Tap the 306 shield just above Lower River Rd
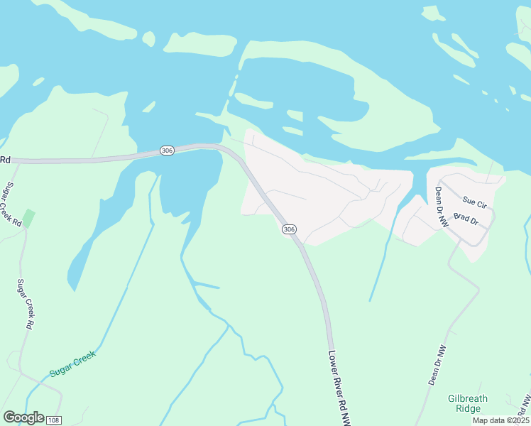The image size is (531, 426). click(288, 229)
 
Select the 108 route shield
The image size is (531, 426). click(53, 420)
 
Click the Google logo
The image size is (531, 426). click(23, 417)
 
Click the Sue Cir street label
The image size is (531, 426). click(473, 204)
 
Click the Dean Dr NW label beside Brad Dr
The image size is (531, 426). click(442, 207)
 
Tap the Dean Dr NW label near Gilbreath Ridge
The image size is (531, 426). click(437, 365)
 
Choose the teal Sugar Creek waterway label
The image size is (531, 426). click(72, 363)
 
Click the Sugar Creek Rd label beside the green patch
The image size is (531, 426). click(12, 204)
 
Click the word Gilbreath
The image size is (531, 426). click(468, 399)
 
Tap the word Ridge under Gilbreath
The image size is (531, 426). click(468, 409)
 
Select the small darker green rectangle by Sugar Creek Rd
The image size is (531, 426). click(28, 216)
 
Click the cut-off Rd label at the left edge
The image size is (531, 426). click(5, 160)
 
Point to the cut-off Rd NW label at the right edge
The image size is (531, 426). click(526, 405)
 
